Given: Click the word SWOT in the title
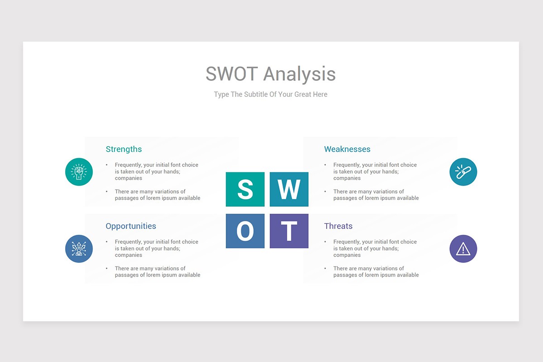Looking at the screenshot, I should (x=232, y=74).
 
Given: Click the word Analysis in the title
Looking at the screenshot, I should (x=300, y=74).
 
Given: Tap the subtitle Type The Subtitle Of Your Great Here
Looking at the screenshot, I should (x=271, y=95).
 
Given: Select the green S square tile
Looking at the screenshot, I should (x=245, y=189).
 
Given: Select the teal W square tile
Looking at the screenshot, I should (x=289, y=189).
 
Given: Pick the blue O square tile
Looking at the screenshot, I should (x=245, y=231).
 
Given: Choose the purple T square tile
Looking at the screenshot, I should (x=289, y=231).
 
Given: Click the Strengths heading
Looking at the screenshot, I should (x=124, y=149).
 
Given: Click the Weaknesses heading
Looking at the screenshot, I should (x=347, y=149).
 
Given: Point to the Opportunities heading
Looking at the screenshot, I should (x=131, y=226).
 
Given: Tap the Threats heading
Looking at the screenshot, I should (x=338, y=226).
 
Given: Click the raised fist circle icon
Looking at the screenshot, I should (x=79, y=172).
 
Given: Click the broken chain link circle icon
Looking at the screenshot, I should (x=463, y=172).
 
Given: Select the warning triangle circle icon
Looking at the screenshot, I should (x=463, y=249).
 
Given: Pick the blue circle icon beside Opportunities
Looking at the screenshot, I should (x=79, y=249).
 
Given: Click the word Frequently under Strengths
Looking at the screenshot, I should (x=128, y=165).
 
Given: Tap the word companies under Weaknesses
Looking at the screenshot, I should (x=347, y=178).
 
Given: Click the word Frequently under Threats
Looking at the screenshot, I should (x=347, y=242).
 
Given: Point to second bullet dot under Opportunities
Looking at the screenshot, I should (x=107, y=268).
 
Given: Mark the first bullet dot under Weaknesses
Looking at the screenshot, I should (x=325, y=165).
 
